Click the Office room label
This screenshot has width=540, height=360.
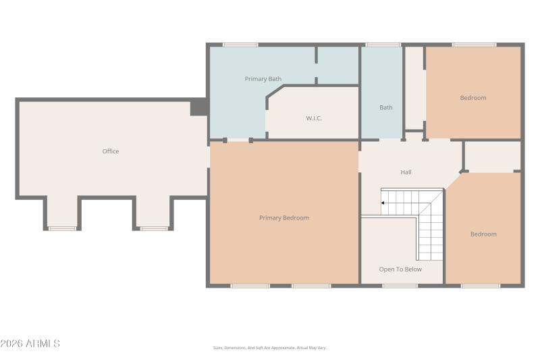111,151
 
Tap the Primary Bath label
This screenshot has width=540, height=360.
263,79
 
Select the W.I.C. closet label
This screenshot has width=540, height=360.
314,118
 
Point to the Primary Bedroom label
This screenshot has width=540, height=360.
284,217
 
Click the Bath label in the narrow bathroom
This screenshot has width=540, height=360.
385,107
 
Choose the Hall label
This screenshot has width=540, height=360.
406,172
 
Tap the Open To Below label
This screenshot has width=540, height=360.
400,269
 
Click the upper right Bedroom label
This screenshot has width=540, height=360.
473,98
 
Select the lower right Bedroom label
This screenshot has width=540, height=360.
483,234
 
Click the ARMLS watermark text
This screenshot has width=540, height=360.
30,344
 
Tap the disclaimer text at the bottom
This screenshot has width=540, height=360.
270,348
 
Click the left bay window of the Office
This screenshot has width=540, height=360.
62,228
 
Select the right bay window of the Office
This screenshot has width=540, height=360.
155,228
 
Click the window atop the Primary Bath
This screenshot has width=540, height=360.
240,45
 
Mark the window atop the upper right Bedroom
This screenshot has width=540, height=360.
475,45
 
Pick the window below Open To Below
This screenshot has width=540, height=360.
400,286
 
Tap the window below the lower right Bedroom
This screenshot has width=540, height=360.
481,286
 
